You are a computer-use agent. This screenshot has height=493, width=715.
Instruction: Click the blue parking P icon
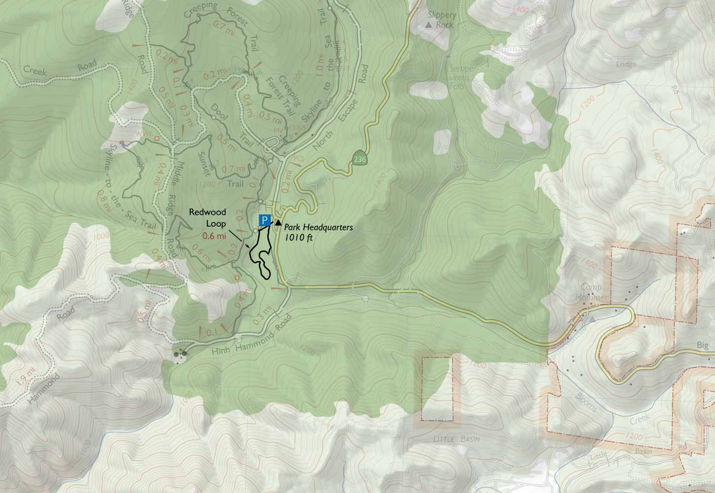[264, 220]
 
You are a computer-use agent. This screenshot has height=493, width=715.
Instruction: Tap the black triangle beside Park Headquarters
[278, 222]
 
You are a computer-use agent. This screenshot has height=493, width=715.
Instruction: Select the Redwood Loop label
[209, 217]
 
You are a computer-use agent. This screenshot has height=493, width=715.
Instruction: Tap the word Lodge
[626, 64]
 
